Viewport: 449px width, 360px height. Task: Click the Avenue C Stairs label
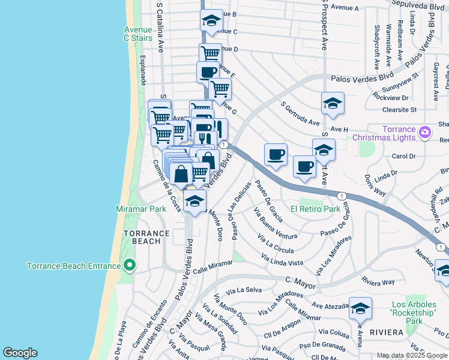pyautogui.click(x=138, y=34)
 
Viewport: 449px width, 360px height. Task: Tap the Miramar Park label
pyautogui.click(x=140, y=209)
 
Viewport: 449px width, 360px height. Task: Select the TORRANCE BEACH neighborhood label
pyautogui.click(x=142, y=237)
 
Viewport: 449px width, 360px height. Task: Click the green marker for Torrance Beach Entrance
pyautogui.click(x=129, y=265)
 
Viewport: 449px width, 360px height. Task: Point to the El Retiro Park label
pyautogui.click(x=315, y=209)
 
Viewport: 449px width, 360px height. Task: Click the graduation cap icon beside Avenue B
pyautogui.click(x=211, y=21)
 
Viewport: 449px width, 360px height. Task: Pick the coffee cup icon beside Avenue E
pyautogui.click(x=208, y=72)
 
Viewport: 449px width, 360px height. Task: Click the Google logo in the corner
pyautogui.click(x=20, y=353)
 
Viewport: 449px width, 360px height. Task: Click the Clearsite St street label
pyautogui.click(x=400, y=110)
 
